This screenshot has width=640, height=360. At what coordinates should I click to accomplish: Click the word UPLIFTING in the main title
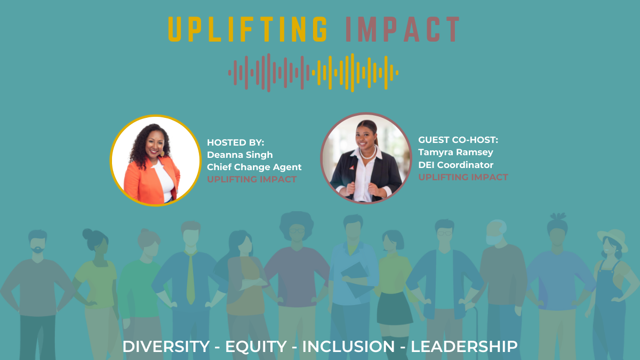click(248, 29)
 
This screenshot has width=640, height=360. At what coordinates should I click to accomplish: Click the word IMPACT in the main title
click(402, 29)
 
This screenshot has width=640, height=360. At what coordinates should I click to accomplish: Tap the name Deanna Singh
click(239, 155)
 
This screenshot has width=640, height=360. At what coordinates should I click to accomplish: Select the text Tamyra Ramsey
click(455, 153)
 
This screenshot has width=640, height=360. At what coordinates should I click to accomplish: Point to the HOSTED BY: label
click(235, 142)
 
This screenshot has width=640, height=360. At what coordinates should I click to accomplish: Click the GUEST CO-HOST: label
click(458, 140)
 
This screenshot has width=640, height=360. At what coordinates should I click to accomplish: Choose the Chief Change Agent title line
click(254, 167)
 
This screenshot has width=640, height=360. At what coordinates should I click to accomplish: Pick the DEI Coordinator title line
click(455, 165)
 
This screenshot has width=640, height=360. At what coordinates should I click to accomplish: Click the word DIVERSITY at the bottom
click(166, 347)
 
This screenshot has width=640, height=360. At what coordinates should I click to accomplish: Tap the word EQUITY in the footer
click(255, 347)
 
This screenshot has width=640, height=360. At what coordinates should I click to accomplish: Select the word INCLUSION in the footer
click(348, 347)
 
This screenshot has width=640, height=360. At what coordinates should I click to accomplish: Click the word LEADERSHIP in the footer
click(464, 347)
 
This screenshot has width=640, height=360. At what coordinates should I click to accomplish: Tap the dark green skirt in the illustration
click(395, 309)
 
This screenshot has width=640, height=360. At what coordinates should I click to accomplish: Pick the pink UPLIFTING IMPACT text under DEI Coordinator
click(463, 177)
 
